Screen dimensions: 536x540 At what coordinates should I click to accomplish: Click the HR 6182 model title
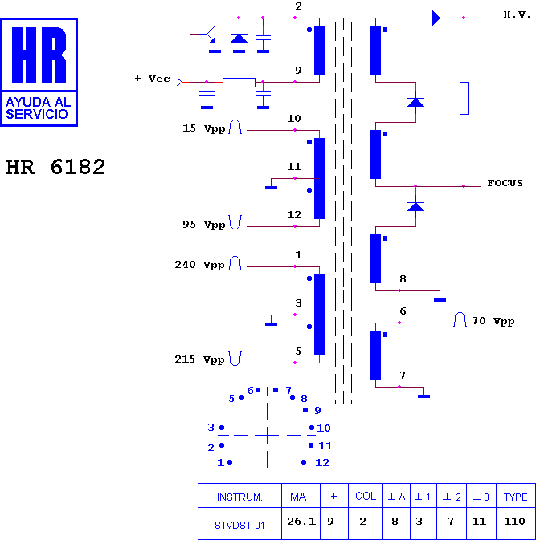pos(55,167)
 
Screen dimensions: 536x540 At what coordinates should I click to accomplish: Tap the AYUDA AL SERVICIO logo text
pos(39,108)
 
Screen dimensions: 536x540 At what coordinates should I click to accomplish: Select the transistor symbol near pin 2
pos(206,34)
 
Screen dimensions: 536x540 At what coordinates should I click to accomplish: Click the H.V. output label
pos(517,14)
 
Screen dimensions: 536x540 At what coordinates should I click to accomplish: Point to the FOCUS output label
pos(505,183)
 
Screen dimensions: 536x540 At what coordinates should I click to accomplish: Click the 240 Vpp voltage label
pos(199,265)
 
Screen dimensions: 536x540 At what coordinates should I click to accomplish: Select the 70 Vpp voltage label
pos(493,321)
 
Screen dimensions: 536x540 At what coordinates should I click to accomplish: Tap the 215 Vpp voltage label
pos(199,359)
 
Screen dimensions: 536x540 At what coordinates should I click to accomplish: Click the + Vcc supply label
pos(153,79)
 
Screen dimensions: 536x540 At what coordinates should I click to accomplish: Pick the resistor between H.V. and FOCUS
pos(464,98)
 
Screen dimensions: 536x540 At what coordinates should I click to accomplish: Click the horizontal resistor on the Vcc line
pos(239,83)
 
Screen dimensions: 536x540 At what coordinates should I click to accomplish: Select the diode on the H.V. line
pos(436,18)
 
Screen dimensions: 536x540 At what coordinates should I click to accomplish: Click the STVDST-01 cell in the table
pos(239,526)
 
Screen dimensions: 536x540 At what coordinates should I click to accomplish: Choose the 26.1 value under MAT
pos(301,522)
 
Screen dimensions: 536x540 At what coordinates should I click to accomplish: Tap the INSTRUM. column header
pos(239,497)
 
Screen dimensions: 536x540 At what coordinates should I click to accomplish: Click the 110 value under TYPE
pos(514,522)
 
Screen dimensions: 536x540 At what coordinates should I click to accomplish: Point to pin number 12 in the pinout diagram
pos(322,462)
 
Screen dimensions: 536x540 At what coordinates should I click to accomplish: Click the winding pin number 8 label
pos(403,279)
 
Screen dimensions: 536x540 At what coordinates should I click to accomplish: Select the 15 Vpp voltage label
pos(204,128)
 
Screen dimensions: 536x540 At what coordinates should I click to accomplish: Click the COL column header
pos(366,496)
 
